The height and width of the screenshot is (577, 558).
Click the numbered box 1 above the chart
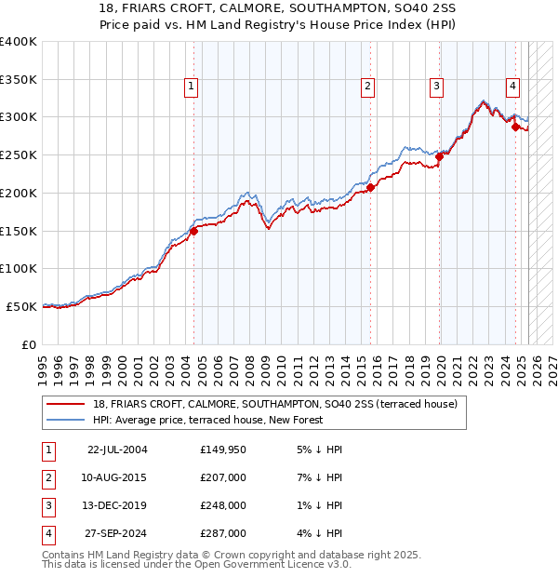pyautogui.click(x=191, y=87)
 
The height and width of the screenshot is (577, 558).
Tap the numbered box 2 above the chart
pyautogui.click(x=368, y=87)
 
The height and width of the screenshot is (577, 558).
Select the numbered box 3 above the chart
pyautogui.click(x=436, y=87)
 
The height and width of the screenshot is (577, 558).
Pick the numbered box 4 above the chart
pyautogui.click(x=512, y=87)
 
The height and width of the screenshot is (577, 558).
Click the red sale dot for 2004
pyautogui.click(x=194, y=231)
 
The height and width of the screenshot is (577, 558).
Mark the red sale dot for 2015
pyautogui.click(x=370, y=187)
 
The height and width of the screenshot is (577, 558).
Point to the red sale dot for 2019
pyautogui.click(x=440, y=156)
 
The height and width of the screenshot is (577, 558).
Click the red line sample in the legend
pyautogui.click(x=66, y=405)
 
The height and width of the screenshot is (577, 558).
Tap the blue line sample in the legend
pyautogui.click(x=66, y=420)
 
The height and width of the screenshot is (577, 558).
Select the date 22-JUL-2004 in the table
pyautogui.click(x=117, y=450)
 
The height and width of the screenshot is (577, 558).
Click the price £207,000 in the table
pyautogui.click(x=223, y=478)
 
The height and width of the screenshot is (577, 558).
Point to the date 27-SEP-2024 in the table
pyautogui.click(x=117, y=534)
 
